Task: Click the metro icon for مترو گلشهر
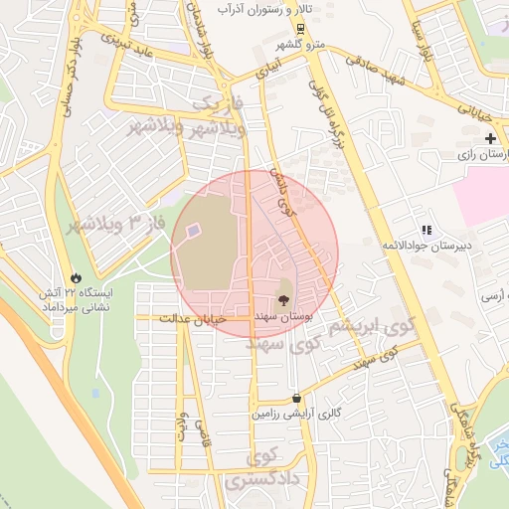299,28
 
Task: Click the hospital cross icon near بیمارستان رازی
491,138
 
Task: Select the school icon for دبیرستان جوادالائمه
425,230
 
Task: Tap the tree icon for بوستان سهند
284,297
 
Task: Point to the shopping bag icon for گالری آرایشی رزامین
297,398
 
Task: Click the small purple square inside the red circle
192,231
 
